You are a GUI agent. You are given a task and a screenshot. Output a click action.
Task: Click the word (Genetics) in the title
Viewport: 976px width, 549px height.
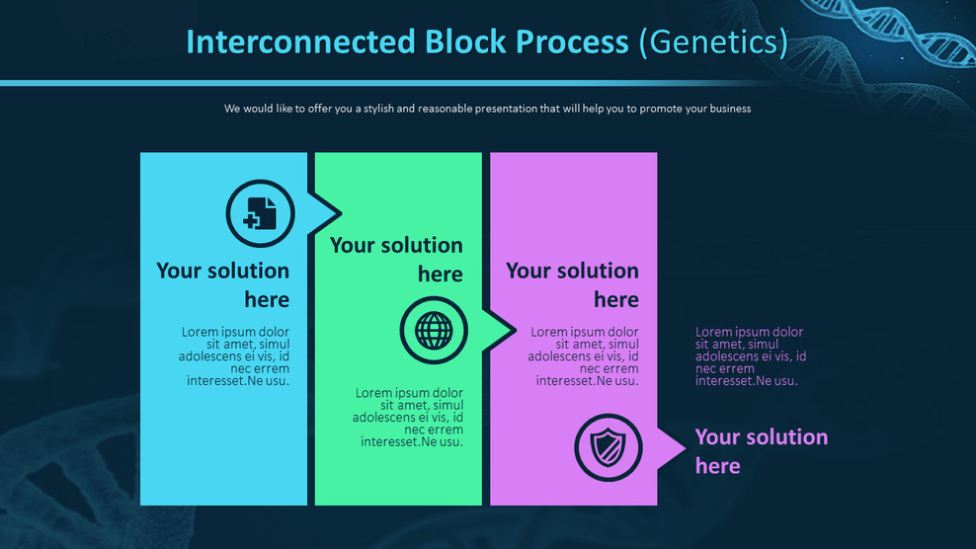click(713, 42)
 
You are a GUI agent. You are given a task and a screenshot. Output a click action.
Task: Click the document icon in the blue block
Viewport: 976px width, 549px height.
click(261, 213)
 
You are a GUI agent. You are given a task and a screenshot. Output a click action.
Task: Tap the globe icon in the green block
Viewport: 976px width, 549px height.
click(433, 330)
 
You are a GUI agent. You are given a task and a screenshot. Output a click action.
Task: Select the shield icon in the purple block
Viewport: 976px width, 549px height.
click(609, 447)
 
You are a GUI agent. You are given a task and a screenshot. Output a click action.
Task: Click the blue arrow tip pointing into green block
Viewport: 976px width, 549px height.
click(330, 212)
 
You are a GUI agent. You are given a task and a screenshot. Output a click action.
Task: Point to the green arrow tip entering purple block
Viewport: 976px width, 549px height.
click(504, 330)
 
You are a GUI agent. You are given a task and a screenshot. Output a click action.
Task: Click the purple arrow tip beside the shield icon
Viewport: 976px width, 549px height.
click(675, 448)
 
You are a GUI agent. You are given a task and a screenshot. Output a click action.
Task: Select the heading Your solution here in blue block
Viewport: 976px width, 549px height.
click(223, 284)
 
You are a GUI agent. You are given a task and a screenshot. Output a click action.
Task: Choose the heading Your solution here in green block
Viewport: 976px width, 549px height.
click(396, 259)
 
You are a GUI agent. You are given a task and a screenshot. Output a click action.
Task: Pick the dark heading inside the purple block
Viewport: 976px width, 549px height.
click(572, 284)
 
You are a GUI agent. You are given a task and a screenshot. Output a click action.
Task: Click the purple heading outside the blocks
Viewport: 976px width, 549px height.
click(761, 450)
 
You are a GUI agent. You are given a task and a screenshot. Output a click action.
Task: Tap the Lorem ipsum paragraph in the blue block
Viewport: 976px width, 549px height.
click(235, 355)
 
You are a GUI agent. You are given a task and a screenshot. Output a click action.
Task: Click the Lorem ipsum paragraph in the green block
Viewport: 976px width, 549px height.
click(408, 417)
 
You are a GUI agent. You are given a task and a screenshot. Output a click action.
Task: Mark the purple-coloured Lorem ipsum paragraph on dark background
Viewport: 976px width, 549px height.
click(751, 355)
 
